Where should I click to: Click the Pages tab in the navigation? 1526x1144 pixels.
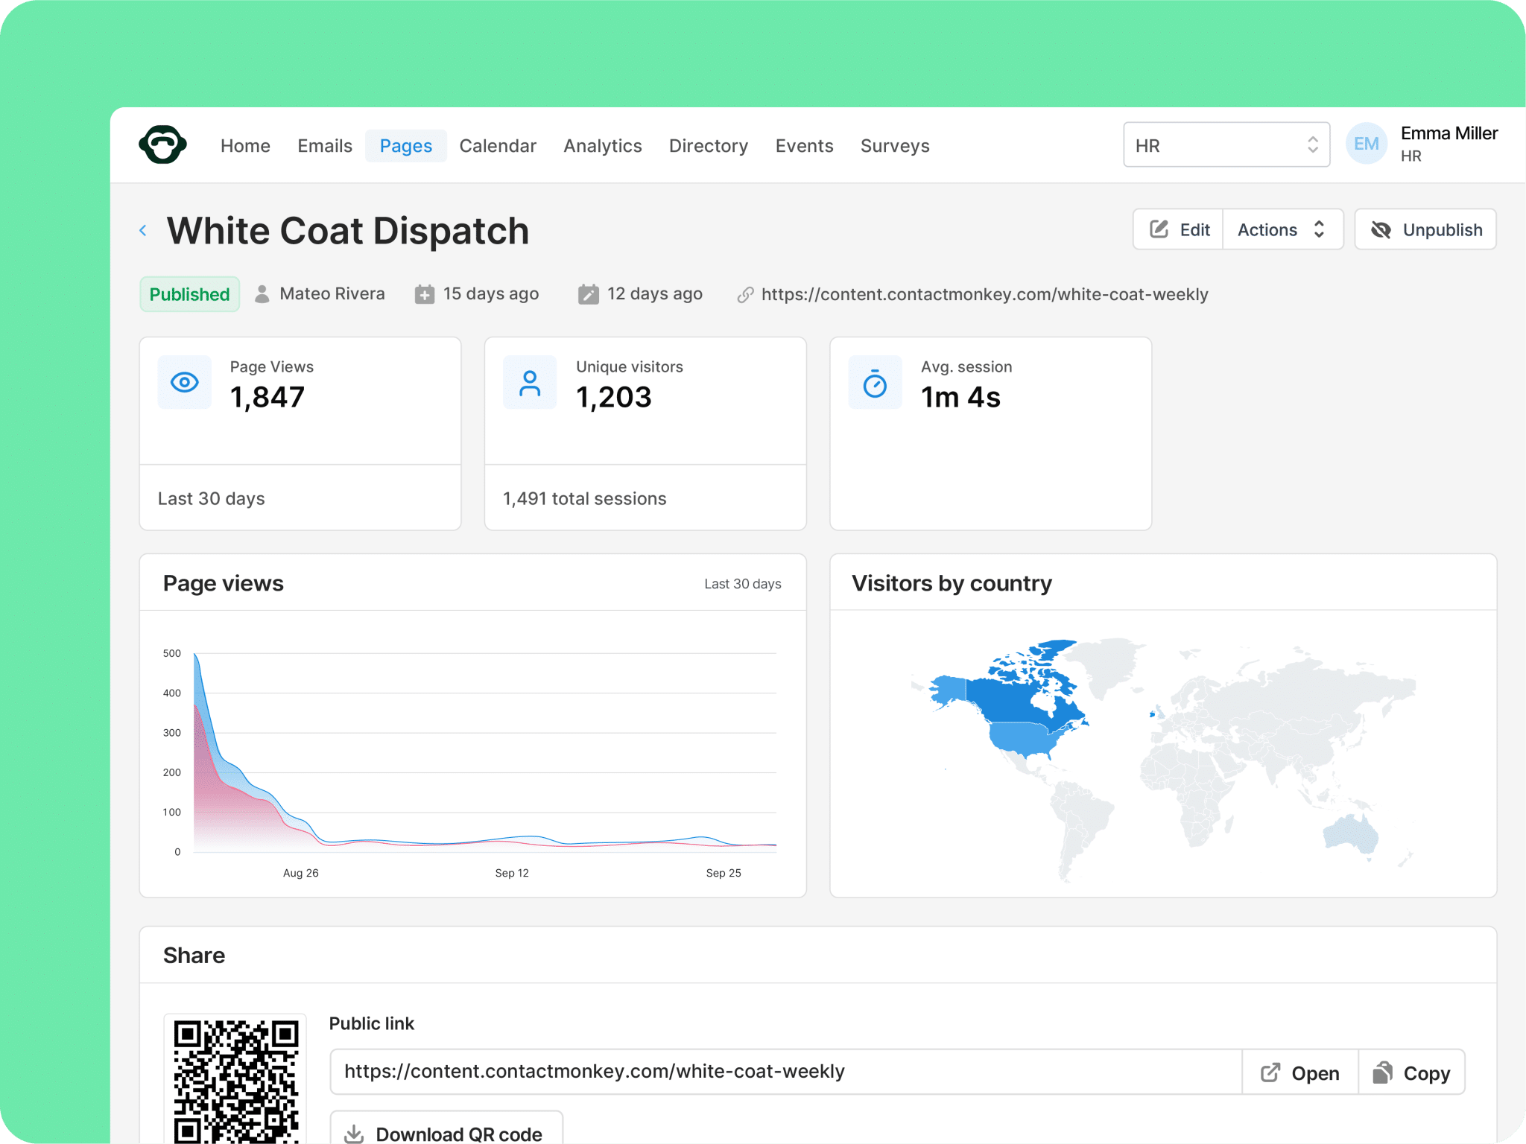405,145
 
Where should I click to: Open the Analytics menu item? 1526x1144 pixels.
602,145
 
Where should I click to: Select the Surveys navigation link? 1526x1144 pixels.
895,145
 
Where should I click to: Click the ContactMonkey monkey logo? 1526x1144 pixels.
162,144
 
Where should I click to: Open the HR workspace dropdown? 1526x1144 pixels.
1226,144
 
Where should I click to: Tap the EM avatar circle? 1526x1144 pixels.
1367,144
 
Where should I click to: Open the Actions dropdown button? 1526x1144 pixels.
1282,229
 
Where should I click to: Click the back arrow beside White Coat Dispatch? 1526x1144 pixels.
143,231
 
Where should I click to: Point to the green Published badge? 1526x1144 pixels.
189,294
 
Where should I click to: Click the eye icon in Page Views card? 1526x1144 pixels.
185,383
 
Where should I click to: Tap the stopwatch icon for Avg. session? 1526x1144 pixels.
875,383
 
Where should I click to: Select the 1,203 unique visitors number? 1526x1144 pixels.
614,397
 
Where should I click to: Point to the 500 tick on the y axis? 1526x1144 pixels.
172,653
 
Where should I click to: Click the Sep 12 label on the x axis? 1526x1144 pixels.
512,873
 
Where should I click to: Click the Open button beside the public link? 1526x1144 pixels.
1300,1072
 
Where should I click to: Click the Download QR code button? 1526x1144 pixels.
446,1131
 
